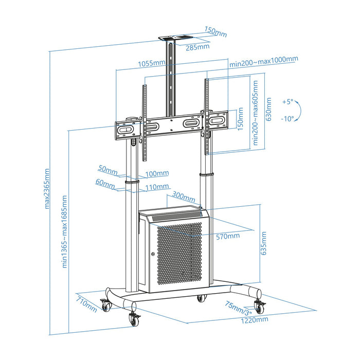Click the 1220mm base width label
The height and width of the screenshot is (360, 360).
(x=255, y=319)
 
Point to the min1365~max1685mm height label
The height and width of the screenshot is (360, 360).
(x=65, y=231)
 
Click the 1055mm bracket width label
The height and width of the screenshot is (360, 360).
(x=151, y=64)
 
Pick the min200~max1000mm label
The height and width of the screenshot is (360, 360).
(x=263, y=59)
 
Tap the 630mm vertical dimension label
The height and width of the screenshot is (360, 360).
(x=268, y=110)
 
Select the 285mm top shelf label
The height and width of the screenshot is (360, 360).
(x=197, y=47)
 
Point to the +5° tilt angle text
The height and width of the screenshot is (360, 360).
(x=287, y=102)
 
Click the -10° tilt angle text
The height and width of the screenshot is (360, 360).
(x=287, y=118)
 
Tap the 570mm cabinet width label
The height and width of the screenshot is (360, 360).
(x=228, y=236)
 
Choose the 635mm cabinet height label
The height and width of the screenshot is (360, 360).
(x=263, y=243)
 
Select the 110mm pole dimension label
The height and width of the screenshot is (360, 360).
(x=157, y=187)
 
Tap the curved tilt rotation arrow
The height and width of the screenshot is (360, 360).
(x=302, y=110)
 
